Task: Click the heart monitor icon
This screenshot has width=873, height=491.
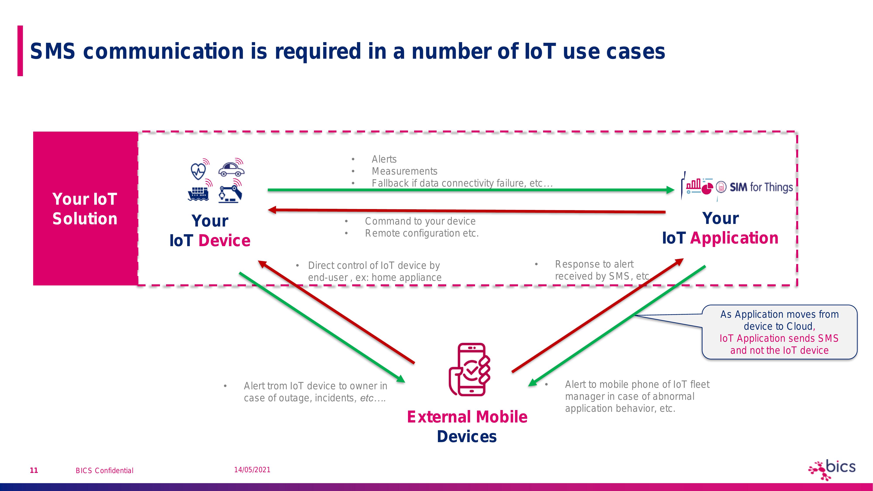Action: click(x=198, y=170)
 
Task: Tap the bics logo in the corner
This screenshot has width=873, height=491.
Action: click(x=832, y=469)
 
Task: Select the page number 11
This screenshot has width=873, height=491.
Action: click(x=34, y=470)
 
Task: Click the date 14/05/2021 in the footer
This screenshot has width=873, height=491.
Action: click(x=252, y=470)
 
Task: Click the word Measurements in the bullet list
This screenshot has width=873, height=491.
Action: click(x=404, y=171)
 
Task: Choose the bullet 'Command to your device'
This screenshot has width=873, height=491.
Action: click(x=420, y=221)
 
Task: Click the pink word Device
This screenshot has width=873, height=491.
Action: click(x=224, y=240)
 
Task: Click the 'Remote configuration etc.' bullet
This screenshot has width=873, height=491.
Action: click(x=422, y=233)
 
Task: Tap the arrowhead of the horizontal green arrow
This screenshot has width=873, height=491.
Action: click(x=670, y=190)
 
